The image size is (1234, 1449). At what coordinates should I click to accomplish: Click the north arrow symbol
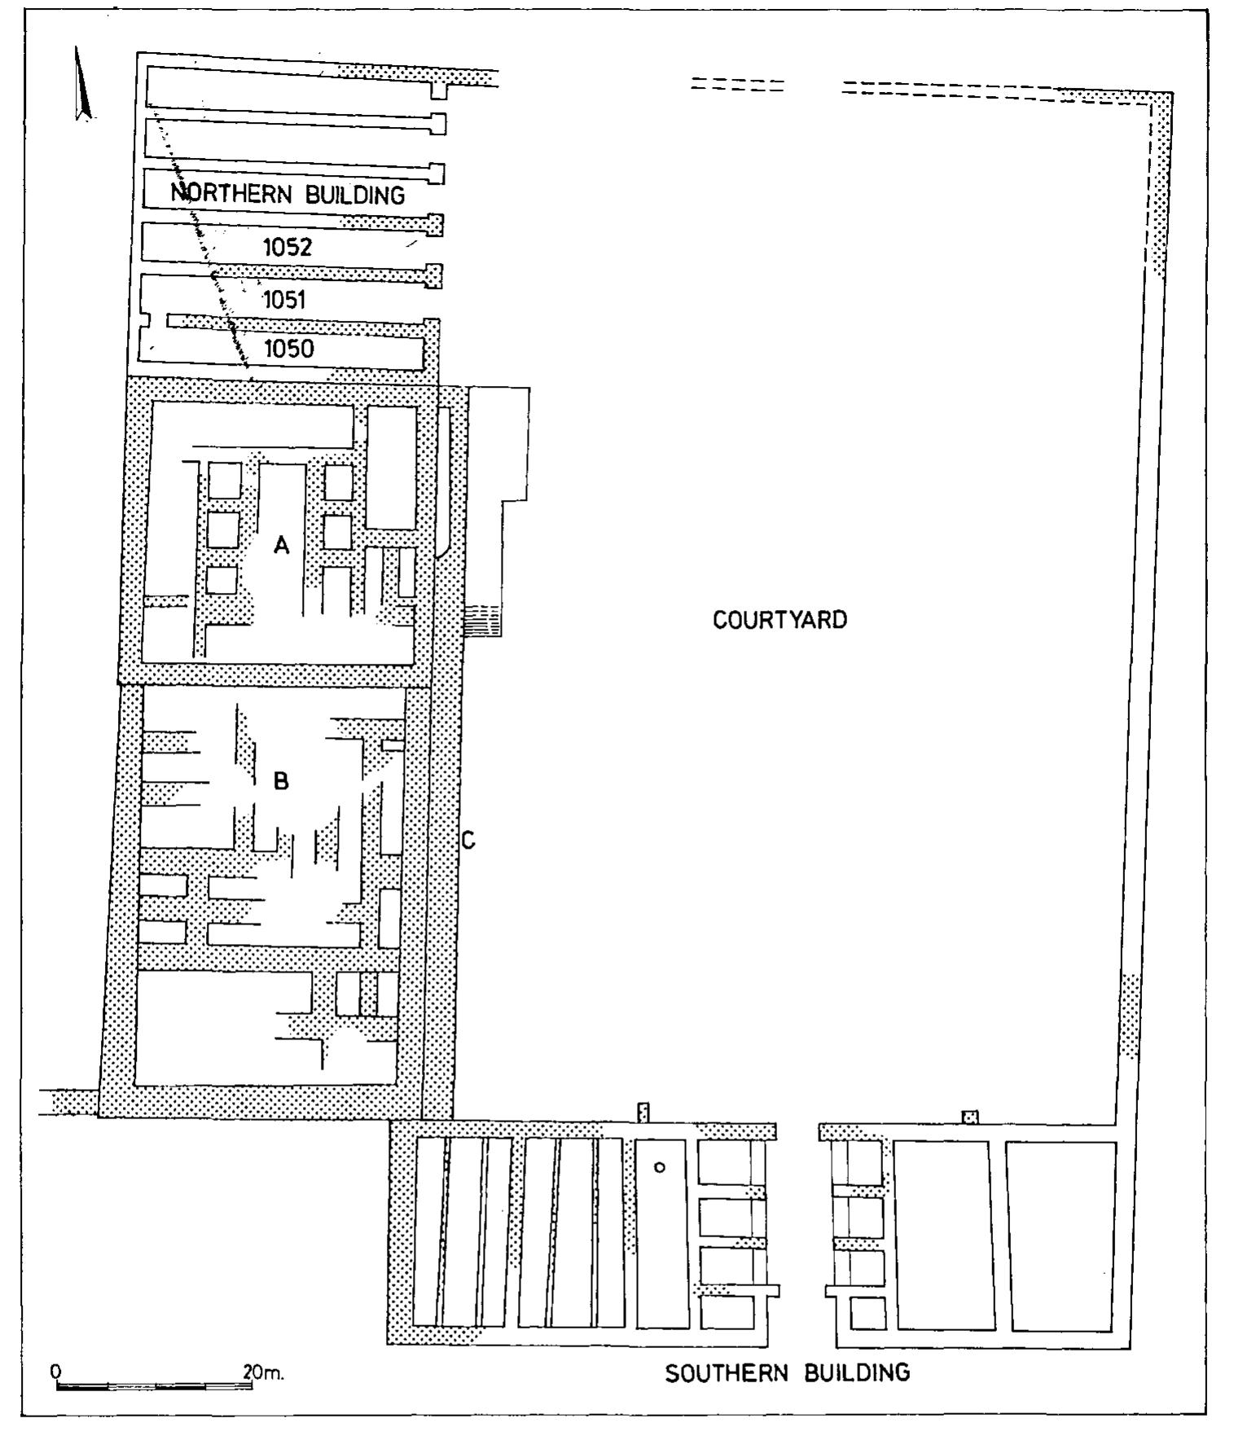(81, 86)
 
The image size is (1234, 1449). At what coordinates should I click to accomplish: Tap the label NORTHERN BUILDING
(288, 195)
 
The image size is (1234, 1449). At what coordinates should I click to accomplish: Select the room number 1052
(288, 248)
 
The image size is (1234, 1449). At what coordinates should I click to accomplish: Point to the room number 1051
(284, 301)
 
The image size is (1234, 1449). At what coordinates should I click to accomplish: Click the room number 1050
(288, 349)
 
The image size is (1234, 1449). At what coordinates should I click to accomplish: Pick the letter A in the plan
(282, 546)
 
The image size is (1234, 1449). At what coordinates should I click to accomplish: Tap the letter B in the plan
(281, 782)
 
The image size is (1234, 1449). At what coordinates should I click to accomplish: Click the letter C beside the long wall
(468, 841)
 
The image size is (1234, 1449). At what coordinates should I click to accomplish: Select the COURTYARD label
(779, 620)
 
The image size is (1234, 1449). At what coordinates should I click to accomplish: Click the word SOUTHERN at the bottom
(727, 1373)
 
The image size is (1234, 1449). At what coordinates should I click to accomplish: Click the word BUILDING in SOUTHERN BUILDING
(857, 1373)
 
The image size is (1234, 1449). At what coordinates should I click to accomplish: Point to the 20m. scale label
(263, 1372)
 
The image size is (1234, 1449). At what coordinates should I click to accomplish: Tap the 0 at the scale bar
(55, 1371)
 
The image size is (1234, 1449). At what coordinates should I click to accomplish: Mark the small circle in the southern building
(660, 1167)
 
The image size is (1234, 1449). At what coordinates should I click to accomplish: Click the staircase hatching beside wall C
(481, 624)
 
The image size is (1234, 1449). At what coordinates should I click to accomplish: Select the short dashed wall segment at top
(737, 85)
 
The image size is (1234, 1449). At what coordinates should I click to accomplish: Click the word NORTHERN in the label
(231, 195)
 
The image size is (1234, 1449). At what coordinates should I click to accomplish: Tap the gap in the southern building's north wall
(797, 1131)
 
